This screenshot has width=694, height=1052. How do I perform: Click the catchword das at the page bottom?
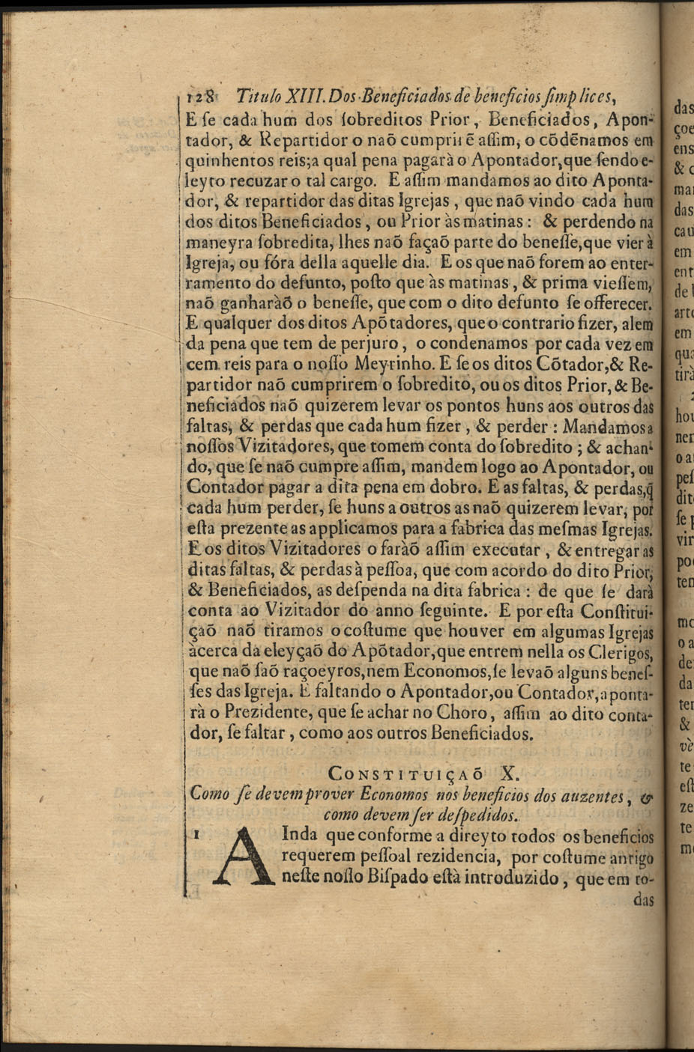[644, 900]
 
